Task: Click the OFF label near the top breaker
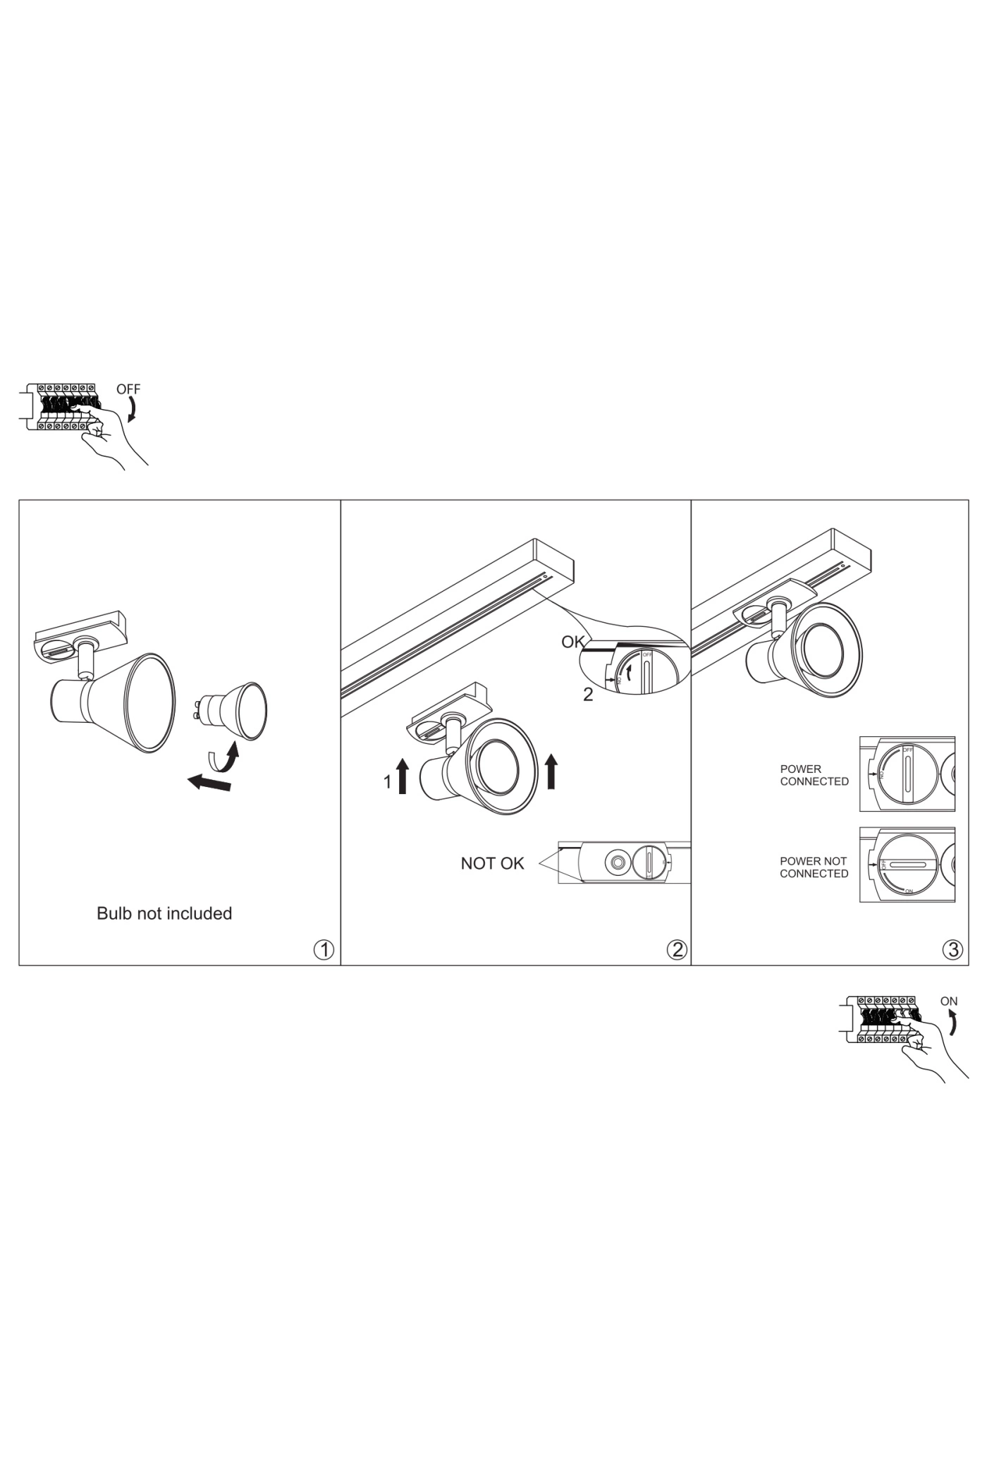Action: click(x=128, y=389)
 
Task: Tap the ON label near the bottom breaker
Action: click(x=949, y=1001)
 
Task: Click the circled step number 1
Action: click(x=324, y=950)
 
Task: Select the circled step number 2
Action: click(x=676, y=950)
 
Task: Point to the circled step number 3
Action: click(x=952, y=950)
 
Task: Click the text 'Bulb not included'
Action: click(x=164, y=913)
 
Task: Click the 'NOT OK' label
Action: click(x=492, y=863)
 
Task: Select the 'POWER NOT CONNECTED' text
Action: click(x=814, y=867)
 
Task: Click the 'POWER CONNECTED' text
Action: click(x=814, y=775)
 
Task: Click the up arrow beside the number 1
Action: click(x=403, y=776)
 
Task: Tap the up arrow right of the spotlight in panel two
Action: click(x=551, y=771)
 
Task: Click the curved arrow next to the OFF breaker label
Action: click(x=132, y=409)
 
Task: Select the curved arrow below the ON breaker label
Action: click(x=953, y=1023)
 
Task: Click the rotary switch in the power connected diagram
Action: click(x=907, y=774)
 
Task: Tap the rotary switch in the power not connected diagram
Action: click(x=907, y=865)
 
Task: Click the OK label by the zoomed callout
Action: click(x=572, y=642)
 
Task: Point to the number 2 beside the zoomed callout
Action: click(x=588, y=695)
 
